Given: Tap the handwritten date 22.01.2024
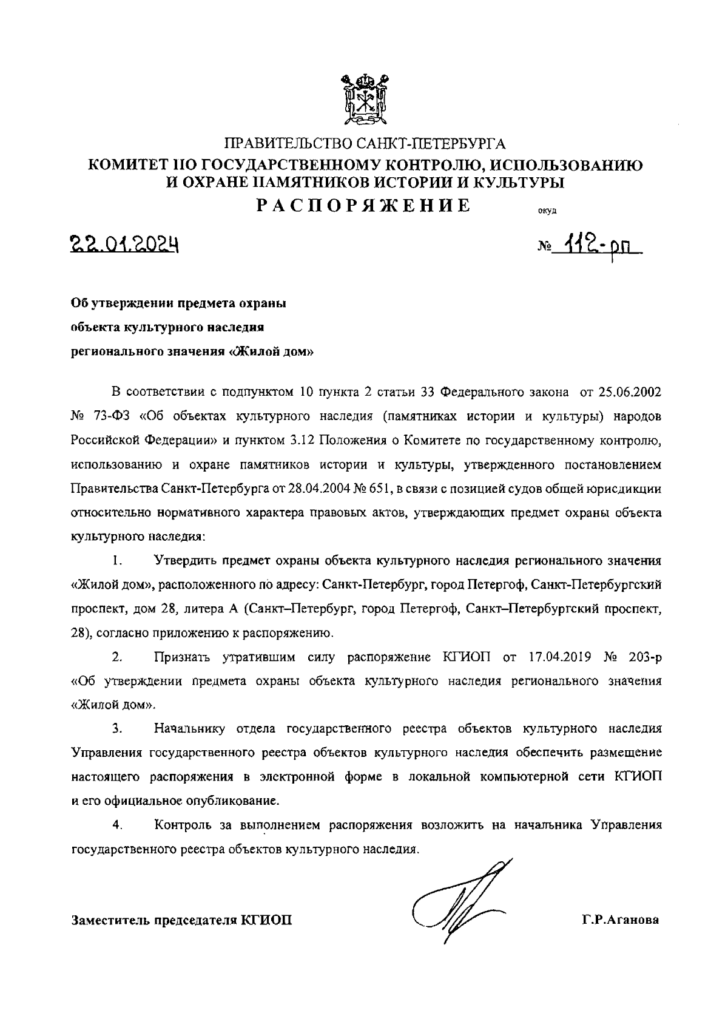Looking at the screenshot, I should coord(124,245).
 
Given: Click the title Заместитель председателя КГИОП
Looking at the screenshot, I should coord(181,921).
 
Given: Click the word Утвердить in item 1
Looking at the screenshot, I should coord(184,560).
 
